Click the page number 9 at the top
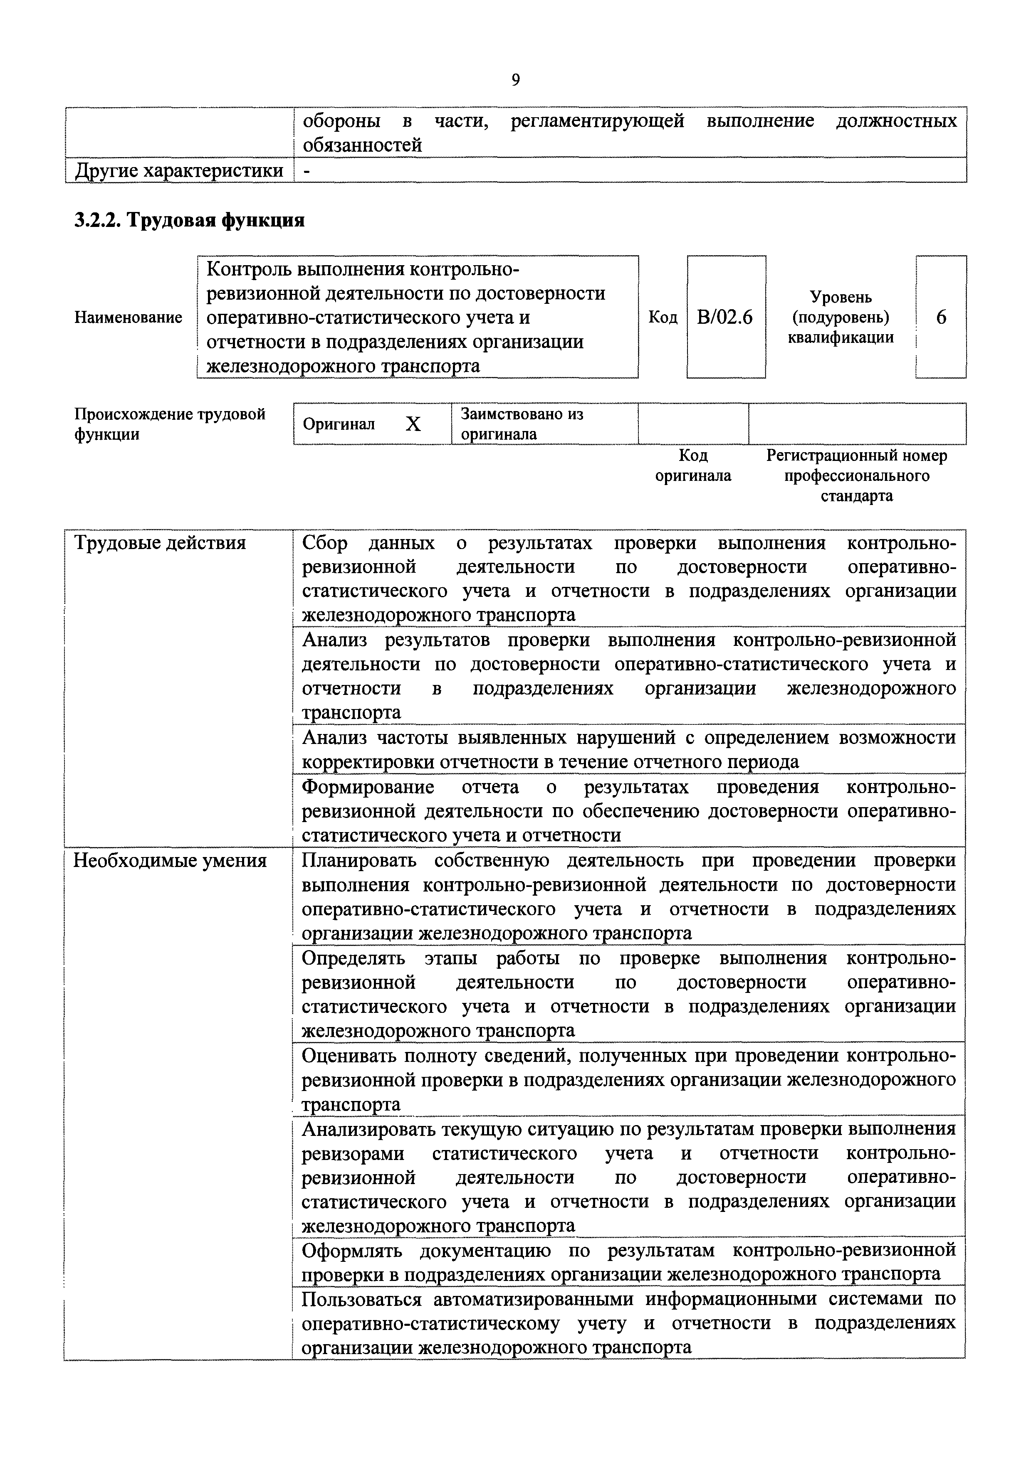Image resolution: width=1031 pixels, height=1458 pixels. click(515, 80)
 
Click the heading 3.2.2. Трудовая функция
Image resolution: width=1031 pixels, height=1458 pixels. click(189, 220)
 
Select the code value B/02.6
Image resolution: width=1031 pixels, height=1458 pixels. click(725, 317)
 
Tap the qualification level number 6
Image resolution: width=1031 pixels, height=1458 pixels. click(941, 317)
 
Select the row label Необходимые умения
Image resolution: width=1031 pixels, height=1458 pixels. click(170, 861)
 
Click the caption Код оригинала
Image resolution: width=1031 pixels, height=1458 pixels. click(693, 465)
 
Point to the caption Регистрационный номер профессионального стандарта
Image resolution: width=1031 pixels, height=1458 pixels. click(856, 475)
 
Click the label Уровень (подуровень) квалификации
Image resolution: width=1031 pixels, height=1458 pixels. click(841, 317)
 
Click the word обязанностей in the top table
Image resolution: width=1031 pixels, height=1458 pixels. click(362, 145)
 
